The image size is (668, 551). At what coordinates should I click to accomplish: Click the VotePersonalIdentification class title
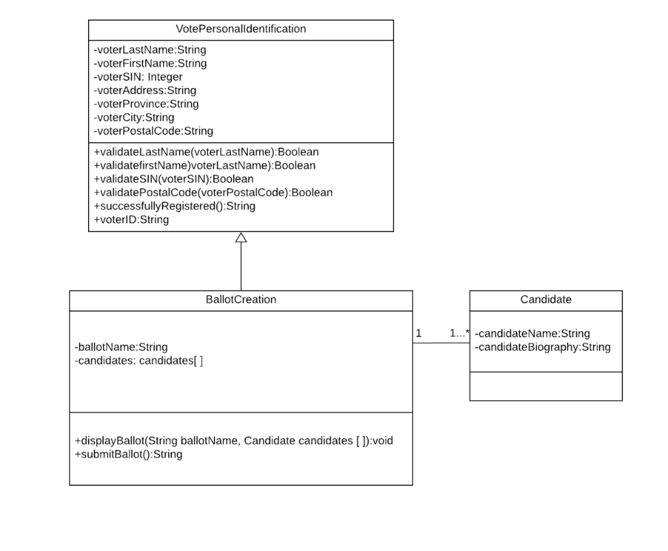[241, 29]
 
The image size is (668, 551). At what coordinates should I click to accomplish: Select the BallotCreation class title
[241, 300]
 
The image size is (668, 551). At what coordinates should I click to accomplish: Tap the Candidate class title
[545, 300]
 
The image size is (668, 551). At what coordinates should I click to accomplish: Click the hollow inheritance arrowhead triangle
[241, 237]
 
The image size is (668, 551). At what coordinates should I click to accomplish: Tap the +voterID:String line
[131, 220]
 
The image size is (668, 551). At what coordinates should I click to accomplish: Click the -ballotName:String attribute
[121, 347]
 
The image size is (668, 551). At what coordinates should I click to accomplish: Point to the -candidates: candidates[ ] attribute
[139, 361]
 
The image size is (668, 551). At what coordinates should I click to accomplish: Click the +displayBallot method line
[234, 441]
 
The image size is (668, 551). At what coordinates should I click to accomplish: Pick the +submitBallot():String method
[129, 454]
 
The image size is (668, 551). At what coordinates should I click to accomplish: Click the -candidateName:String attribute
[532, 333]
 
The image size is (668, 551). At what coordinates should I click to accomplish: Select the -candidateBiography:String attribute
[542, 347]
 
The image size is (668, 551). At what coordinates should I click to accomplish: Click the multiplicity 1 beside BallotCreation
[419, 333]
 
